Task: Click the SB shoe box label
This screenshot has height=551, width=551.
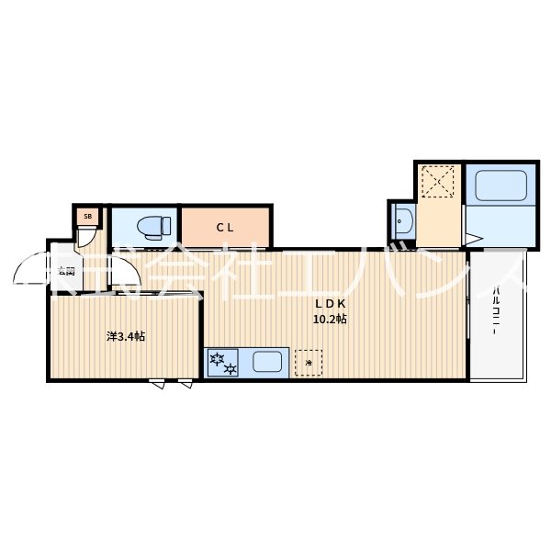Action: (88, 217)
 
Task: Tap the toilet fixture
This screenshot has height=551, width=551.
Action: (152, 225)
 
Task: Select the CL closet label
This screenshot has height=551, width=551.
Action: (225, 227)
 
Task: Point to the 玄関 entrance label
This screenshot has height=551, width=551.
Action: (66, 271)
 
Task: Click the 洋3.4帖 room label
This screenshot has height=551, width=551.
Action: (126, 336)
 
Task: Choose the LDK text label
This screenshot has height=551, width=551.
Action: (330, 304)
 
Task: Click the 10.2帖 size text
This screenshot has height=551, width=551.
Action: (330, 320)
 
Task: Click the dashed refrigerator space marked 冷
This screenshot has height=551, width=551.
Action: (309, 363)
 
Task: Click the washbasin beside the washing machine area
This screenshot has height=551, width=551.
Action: (400, 220)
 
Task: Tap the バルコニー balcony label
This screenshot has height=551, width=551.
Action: (496, 313)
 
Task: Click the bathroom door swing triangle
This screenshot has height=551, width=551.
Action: (473, 241)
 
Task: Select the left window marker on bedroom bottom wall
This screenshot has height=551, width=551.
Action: (159, 384)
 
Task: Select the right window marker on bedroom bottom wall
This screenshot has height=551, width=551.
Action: (186, 384)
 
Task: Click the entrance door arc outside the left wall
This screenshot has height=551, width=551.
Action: (30, 271)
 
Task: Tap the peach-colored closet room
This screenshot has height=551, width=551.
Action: (225, 227)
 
